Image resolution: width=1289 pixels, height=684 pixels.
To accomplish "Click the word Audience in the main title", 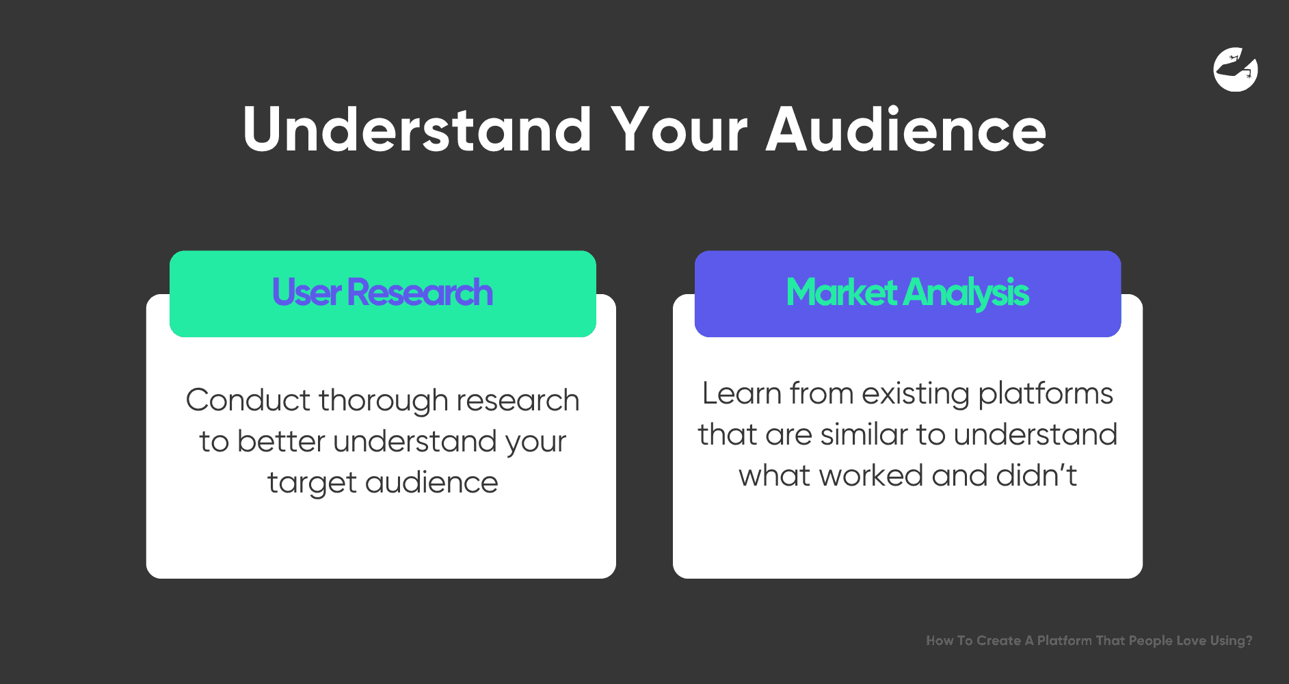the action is tap(906, 129).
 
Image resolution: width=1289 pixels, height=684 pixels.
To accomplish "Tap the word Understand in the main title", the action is tap(417, 129).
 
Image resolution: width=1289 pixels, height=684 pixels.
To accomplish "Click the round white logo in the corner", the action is tap(1236, 69).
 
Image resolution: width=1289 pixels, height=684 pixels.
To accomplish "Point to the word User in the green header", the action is tap(306, 293).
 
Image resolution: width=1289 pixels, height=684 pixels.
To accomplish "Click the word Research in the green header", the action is tap(420, 293).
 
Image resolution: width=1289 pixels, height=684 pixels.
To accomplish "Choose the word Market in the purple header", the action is tap(842, 293).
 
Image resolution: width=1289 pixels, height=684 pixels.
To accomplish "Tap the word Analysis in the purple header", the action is tap(966, 294).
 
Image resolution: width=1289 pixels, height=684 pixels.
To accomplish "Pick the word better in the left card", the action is tap(281, 442).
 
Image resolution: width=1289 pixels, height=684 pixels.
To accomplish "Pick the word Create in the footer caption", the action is tap(998, 641).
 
